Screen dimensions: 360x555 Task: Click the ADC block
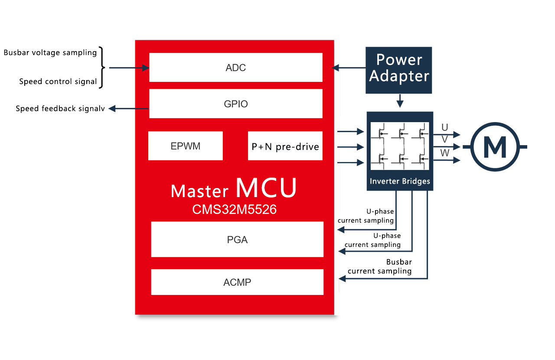[236, 67]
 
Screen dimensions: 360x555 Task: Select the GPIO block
[236, 104]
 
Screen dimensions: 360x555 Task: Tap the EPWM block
[186, 146]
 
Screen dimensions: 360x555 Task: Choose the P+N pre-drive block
[285, 146]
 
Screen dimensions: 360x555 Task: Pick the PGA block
[237, 239]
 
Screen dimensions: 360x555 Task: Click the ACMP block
[237, 282]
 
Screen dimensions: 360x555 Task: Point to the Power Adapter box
[399, 70]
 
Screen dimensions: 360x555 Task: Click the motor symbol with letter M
[495, 147]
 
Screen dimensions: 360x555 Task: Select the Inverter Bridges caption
[400, 181]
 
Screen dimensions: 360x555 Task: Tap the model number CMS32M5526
[235, 210]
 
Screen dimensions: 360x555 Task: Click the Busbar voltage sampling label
[50, 53]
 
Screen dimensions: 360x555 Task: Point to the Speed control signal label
[58, 81]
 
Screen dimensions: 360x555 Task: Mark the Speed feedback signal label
[60, 109]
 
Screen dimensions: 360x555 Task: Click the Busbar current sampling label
[380, 267]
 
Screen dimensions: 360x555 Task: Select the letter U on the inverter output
[444, 127]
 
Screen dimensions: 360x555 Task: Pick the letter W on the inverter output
[444, 152]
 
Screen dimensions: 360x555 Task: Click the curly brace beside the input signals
[102, 68]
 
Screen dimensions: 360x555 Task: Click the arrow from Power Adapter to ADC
[349, 68]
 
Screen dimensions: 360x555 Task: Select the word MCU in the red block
[266, 188]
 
